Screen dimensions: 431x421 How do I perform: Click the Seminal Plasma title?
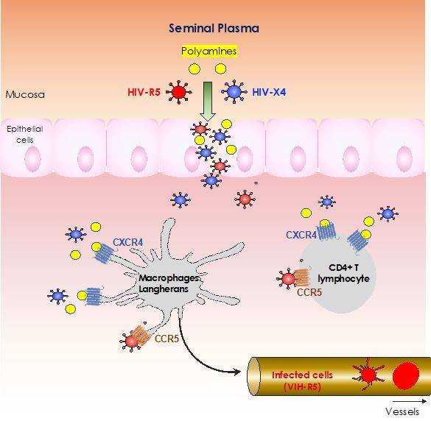point(214,28)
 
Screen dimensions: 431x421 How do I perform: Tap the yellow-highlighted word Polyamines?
point(209,51)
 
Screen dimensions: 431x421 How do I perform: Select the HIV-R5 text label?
point(144,92)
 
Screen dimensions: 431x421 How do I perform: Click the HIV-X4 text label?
point(269,92)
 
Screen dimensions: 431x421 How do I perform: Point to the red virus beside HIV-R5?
point(179,92)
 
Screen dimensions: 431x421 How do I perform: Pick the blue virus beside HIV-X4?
point(234,92)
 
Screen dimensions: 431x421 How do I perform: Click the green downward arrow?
point(208,101)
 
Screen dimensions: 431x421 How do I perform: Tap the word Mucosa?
point(25,95)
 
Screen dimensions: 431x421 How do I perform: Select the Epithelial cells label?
point(25,134)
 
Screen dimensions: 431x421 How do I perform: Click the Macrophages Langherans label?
point(169,283)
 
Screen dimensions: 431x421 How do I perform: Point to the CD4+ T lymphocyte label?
point(343,273)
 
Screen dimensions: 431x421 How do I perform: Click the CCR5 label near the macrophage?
point(167,339)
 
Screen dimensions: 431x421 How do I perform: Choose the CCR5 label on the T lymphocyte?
point(309,292)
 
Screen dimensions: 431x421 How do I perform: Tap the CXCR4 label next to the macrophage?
point(127,242)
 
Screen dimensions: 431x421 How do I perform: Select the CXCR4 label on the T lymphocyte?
point(301,235)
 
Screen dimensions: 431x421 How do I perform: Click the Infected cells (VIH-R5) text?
point(302,381)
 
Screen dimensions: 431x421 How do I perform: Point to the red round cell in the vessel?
point(406,375)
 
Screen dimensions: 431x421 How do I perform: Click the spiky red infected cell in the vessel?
point(368,375)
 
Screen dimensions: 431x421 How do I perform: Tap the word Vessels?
point(402,411)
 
